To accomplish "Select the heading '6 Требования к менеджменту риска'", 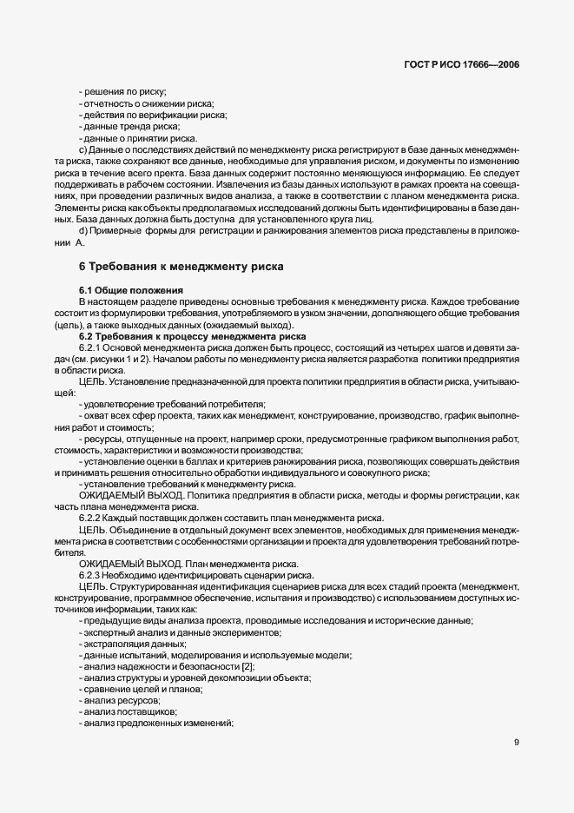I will pos(181,266).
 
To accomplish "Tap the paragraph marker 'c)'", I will pos(82,149).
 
